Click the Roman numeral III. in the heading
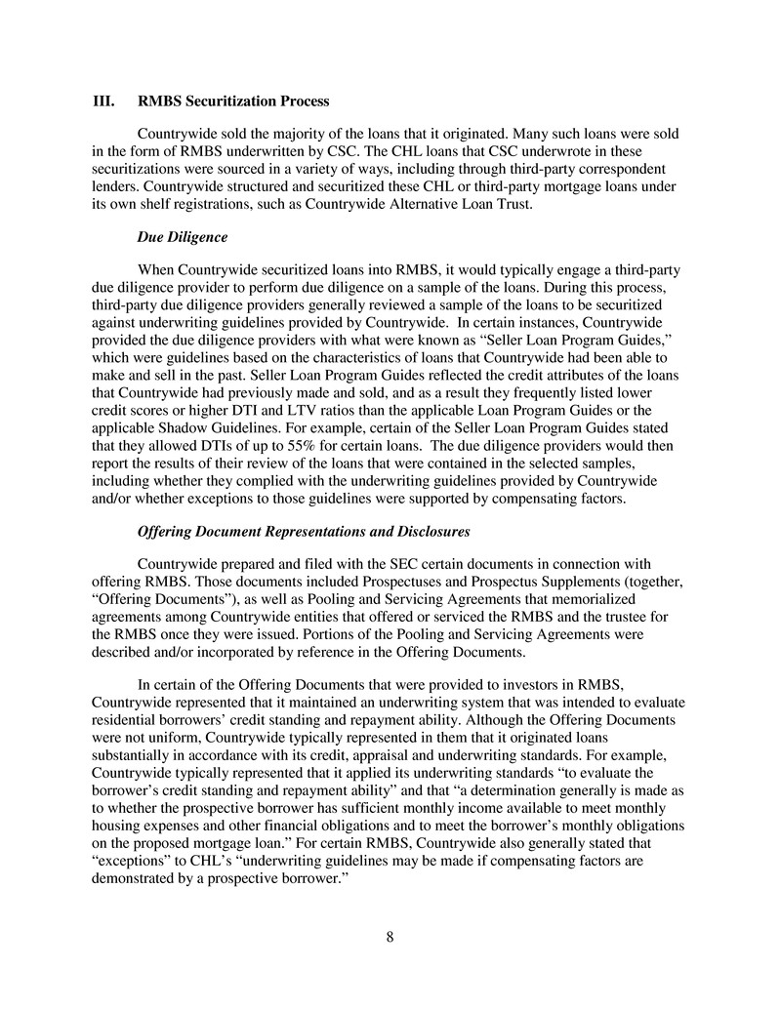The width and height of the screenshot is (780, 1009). (x=103, y=101)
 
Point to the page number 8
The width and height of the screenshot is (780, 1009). (x=390, y=938)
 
